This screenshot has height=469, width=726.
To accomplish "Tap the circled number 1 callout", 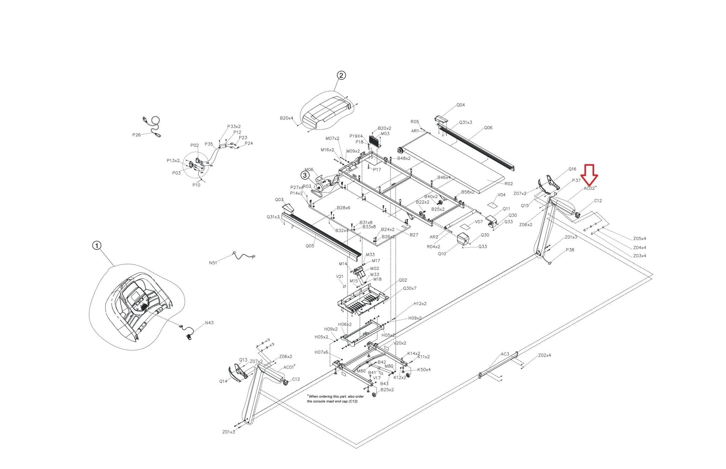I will (97, 245).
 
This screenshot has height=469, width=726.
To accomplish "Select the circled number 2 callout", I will (341, 75).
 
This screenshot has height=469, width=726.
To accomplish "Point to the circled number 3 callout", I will (305, 175).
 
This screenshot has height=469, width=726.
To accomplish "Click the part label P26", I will (136, 135).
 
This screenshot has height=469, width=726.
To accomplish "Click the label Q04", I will (460, 105).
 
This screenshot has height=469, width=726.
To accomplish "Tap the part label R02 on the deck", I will (508, 184).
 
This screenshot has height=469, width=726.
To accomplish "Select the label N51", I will (213, 263).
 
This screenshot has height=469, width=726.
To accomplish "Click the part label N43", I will (209, 323).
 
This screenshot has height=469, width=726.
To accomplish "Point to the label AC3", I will (505, 354).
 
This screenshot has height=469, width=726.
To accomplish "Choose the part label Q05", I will (310, 246).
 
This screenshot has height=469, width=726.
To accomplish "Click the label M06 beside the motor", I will (309, 170).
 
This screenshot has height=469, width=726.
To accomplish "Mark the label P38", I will (570, 250).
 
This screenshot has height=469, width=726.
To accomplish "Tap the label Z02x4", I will (544, 355).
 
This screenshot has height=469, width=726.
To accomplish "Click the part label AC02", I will (589, 188).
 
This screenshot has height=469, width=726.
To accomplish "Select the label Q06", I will (488, 128).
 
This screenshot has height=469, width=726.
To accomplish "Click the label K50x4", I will (424, 370).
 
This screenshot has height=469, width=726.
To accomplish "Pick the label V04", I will (501, 195).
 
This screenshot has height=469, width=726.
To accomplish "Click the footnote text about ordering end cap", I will (335, 399).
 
